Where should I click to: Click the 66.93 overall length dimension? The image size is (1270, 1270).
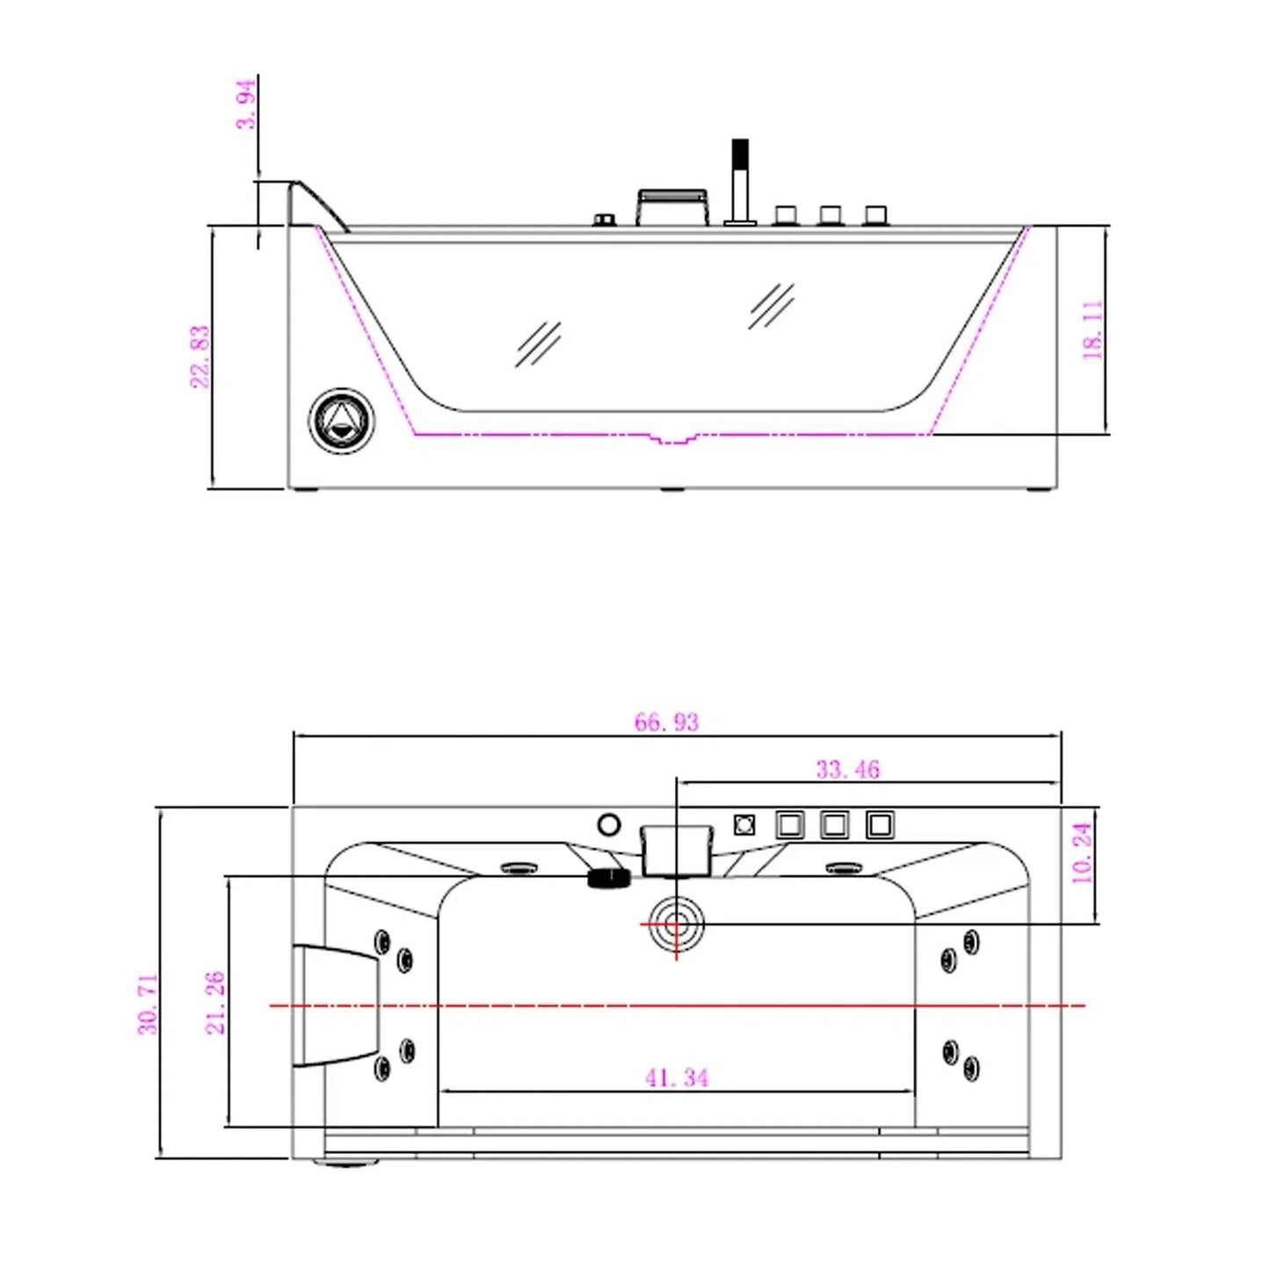[x=666, y=722]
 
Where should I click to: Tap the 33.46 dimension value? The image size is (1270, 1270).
[x=847, y=770]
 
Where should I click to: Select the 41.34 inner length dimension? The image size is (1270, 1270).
[x=677, y=1078]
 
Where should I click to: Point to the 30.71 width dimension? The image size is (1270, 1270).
[x=148, y=1004]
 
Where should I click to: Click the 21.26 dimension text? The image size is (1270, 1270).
[x=215, y=1002]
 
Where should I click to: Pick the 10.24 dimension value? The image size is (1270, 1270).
[x=1082, y=853]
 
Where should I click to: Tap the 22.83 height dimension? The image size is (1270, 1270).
[x=200, y=356]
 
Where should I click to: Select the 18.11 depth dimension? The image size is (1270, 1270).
[x=1092, y=330]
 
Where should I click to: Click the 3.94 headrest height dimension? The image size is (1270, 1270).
[x=246, y=104]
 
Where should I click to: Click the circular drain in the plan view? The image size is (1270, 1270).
[x=676, y=925]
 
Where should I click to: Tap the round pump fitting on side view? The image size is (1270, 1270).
[x=341, y=421]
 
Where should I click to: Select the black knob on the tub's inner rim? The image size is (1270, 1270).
[x=609, y=878]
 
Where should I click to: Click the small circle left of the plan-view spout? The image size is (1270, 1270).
[x=608, y=825]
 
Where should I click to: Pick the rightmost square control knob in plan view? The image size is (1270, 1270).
[x=879, y=825]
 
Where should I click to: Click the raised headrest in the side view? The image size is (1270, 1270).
[x=316, y=204]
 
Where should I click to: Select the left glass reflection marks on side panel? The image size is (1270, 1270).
[x=538, y=344]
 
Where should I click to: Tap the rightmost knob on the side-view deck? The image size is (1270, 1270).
[x=875, y=215]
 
